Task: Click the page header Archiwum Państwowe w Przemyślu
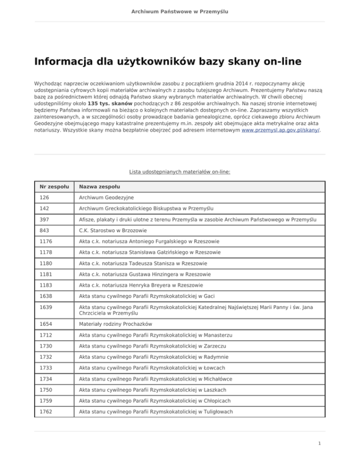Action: click(x=180, y=11)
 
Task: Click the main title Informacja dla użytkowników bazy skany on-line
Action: click(x=167, y=62)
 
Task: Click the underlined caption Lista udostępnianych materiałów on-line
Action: click(x=180, y=172)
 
